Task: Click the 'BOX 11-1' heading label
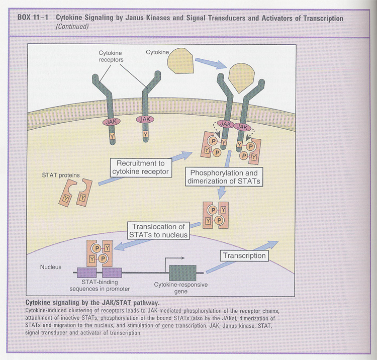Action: coord(34,19)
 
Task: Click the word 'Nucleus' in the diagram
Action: coord(51,267)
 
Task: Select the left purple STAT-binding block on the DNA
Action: coord(86,273)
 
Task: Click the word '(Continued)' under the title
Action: coord(73,26)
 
